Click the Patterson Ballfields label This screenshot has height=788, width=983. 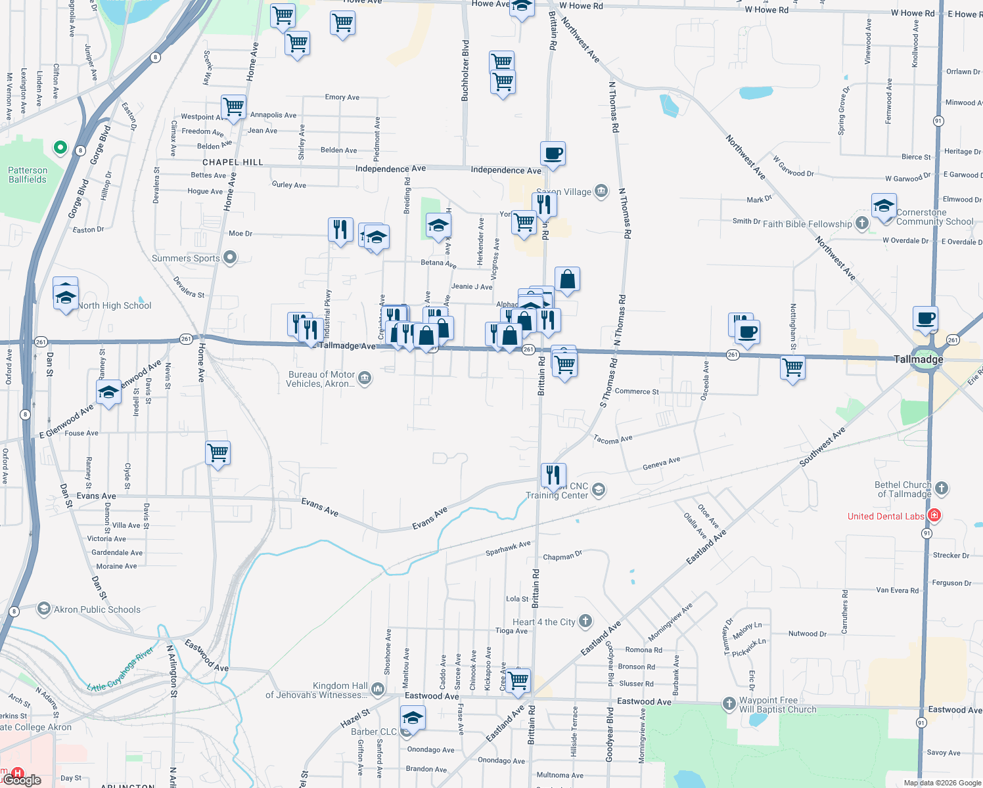coord(28,175)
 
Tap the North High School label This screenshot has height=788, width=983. coord(114,305)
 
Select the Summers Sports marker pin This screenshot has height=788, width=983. coord(230,257)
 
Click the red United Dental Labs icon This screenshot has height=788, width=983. coord(934,515)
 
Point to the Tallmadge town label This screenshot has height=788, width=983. coord(918,359)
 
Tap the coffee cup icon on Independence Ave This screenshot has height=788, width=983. coord(553,154)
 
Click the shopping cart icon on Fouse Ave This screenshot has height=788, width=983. coord(217,452)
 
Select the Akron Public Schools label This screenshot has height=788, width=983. coord(97,609)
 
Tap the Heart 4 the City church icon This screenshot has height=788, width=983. coord(585,621)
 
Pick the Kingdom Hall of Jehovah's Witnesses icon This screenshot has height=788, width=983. coord(377,689)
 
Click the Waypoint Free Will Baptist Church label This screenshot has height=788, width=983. coord(777,705)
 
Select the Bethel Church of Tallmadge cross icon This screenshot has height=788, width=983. coord(941,488)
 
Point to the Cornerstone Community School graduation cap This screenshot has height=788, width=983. coord(884,206)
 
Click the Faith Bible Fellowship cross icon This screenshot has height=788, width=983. coord(862,223)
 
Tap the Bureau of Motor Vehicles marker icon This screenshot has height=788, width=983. coord(365,378)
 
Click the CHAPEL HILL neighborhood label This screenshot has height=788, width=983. coord(233,162)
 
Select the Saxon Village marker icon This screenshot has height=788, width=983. coord(601,191)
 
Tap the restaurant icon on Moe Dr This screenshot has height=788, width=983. coord(340,230)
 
